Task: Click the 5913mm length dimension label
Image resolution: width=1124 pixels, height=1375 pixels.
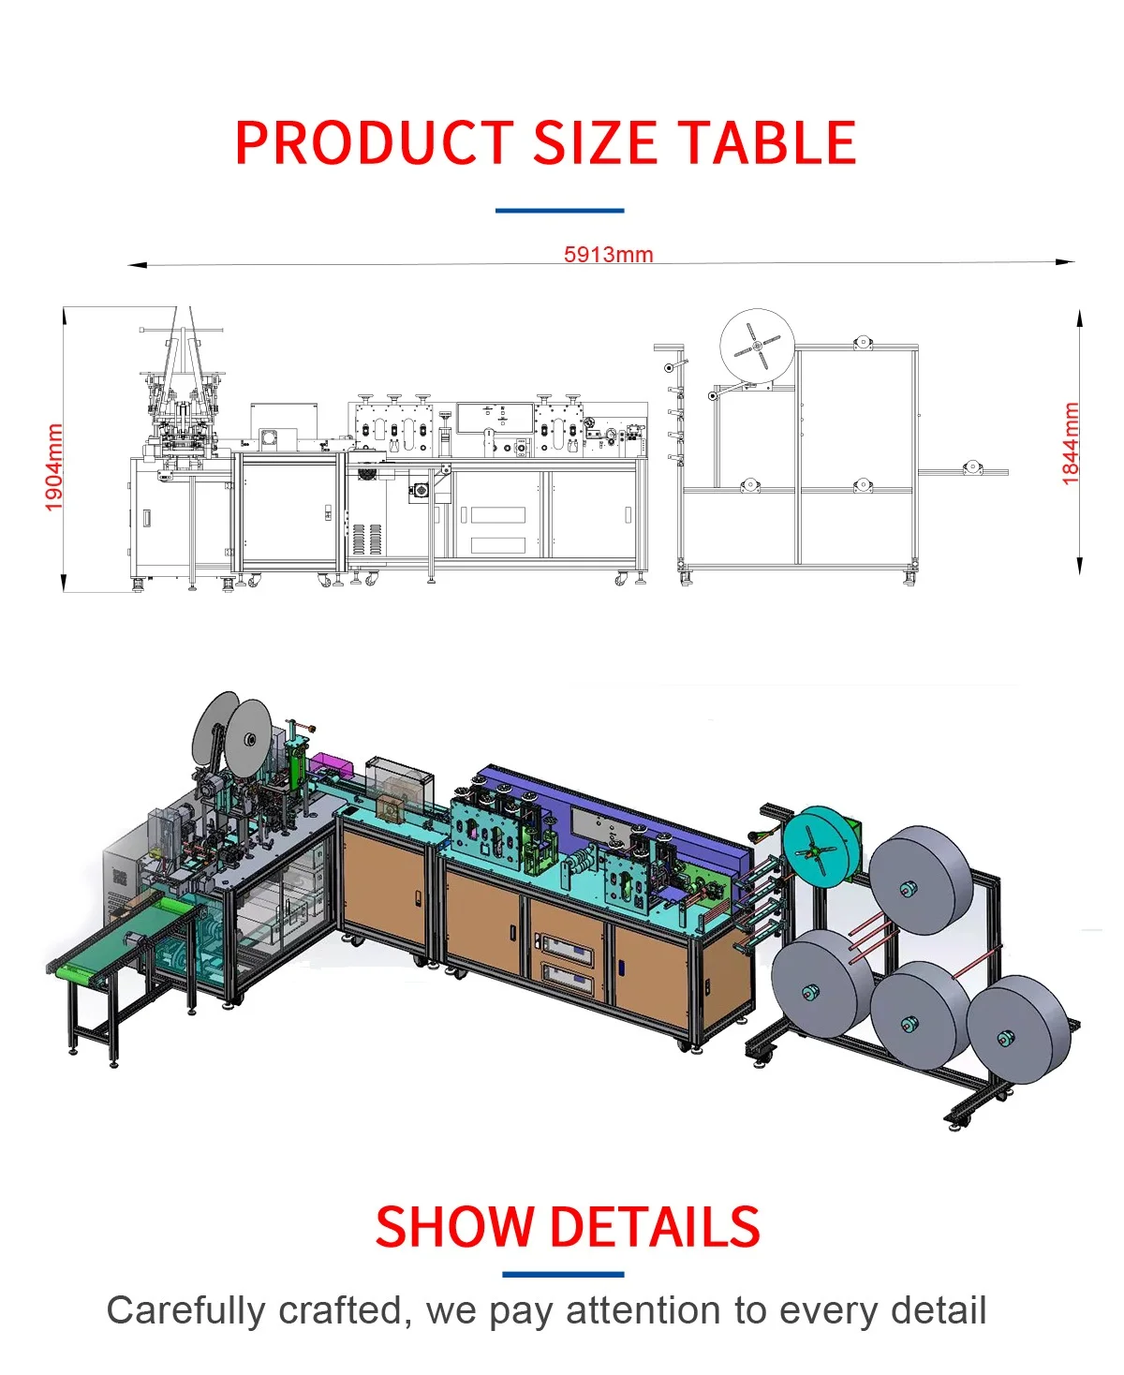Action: (608, 254)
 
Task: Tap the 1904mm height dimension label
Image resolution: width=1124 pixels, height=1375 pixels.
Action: (54, 466)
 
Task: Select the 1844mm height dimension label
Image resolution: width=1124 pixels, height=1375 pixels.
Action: (1071, 443)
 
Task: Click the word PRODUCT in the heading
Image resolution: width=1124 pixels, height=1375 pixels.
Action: (374, 143)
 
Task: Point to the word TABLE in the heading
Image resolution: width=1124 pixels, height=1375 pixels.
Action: (766, 143)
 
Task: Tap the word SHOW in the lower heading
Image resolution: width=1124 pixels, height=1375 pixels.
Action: (455, 1227)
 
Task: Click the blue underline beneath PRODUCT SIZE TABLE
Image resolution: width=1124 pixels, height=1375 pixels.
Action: (559, 211)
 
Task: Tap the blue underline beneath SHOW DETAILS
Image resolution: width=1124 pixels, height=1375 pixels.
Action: (562, 1274)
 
